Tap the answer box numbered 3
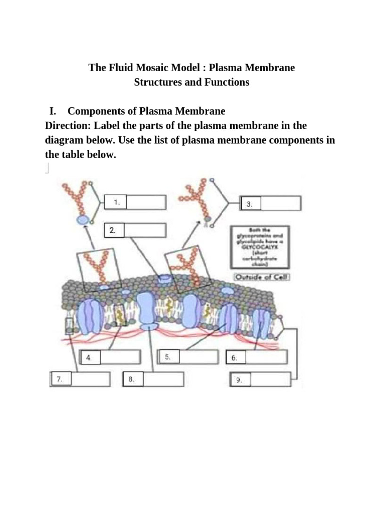(x=280, y=203)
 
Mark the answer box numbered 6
(x=266, y=357)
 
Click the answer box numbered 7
(x=90, y=379)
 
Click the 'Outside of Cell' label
(x=262, y=277)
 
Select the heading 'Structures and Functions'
(x=192, y=82)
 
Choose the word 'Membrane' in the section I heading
(x=204, y=111)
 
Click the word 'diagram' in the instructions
(x=63, y=140)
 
